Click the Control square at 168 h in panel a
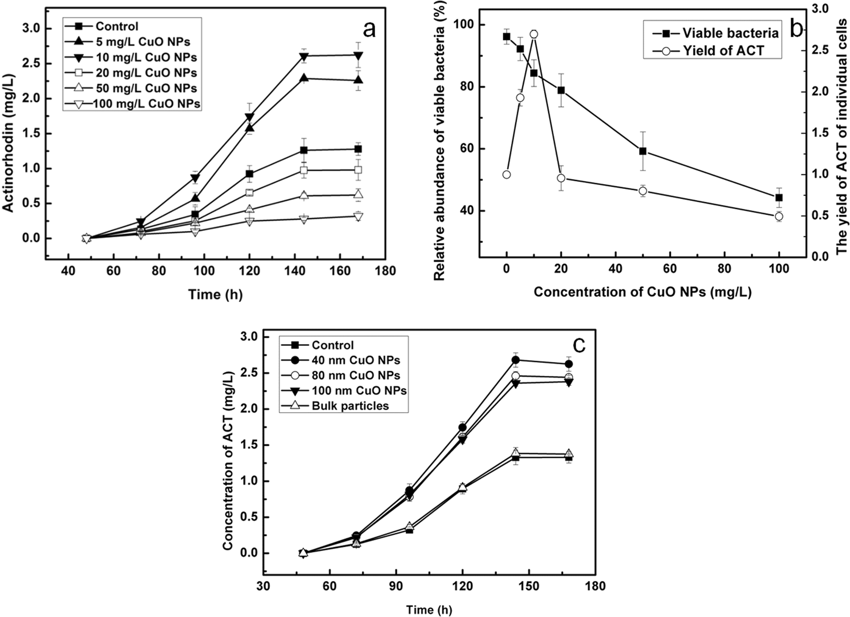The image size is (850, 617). point(358,149)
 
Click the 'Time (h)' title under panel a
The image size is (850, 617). point(215,294)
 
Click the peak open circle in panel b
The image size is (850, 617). point(534,34)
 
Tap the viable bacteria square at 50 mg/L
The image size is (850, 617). point(643,151)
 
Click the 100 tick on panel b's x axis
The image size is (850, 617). point(779,268)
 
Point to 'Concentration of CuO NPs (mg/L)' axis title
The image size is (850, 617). point(642,292)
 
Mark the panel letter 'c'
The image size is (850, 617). point(580,345)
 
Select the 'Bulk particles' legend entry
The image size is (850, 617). point(350,406)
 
